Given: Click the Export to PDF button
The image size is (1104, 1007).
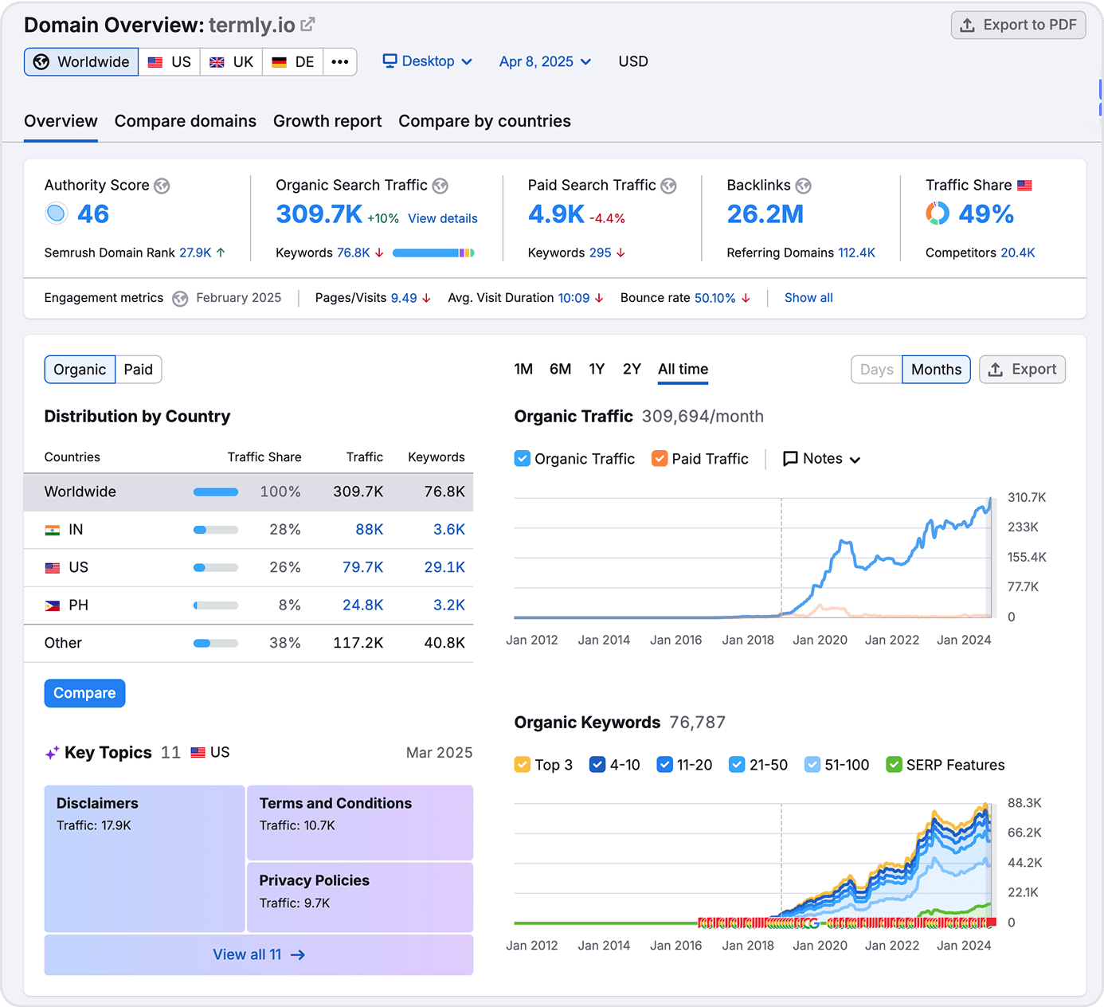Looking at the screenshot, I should coord(1018,25).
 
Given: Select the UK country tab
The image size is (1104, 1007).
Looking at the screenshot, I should coord(231,62).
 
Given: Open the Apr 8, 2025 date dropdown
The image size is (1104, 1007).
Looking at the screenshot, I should coord(545,62).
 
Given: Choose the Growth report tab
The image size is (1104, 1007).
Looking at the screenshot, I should coord(327,121).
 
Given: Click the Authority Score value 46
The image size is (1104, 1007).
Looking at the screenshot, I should coord(93,214).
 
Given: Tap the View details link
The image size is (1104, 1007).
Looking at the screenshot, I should coord(443,218).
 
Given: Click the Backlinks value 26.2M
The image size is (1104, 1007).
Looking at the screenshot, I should coord(765,214).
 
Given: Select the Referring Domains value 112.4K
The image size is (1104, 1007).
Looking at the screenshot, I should coord(856,253).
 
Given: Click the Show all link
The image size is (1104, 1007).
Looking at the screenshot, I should coord(808,298).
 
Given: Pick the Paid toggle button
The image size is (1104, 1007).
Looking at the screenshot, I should coord(138,370).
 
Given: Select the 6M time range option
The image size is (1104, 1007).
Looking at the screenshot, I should coord(560,369).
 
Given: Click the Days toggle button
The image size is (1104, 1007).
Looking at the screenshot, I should coord(876,370).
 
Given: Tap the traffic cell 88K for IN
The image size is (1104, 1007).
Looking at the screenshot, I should coord(369,530).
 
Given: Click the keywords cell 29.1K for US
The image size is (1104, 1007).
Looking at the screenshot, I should coord(444,567).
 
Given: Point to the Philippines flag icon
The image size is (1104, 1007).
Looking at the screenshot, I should coord(53,605).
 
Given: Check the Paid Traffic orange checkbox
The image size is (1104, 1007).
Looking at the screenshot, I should coord(660,459).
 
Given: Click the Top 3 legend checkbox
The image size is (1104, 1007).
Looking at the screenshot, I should coord(523,765).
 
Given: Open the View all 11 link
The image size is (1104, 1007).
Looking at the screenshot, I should coord(258,954).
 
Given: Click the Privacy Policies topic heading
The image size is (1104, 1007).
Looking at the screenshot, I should coord(314,880).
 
